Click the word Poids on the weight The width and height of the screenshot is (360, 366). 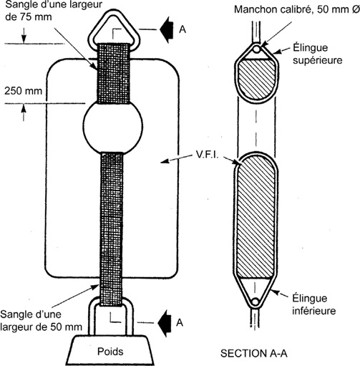pos(110,352)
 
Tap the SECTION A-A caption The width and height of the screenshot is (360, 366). pos(254,354)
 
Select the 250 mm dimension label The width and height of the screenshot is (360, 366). pos(23,91)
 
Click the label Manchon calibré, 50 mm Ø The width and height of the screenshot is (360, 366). pos(297,9)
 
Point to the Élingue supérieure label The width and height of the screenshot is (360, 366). pos(318,54)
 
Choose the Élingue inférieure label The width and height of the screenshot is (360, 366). pos(314,304)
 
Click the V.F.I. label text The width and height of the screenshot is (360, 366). pos(207,155)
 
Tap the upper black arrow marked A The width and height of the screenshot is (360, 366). pos(167,29)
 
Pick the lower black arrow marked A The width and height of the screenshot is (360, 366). pos(165,323)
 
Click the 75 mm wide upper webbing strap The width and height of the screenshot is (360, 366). pos(114,73)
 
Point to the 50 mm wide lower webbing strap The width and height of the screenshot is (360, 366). pos(112,229)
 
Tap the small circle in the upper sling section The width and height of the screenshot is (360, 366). pos(257,49)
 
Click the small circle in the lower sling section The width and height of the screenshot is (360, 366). pos(256,302)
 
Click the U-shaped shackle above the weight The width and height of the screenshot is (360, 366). pos(91,317)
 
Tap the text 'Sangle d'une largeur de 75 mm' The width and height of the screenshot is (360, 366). pos(54,11)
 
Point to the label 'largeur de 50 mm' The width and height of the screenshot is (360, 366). pos(41,327)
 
